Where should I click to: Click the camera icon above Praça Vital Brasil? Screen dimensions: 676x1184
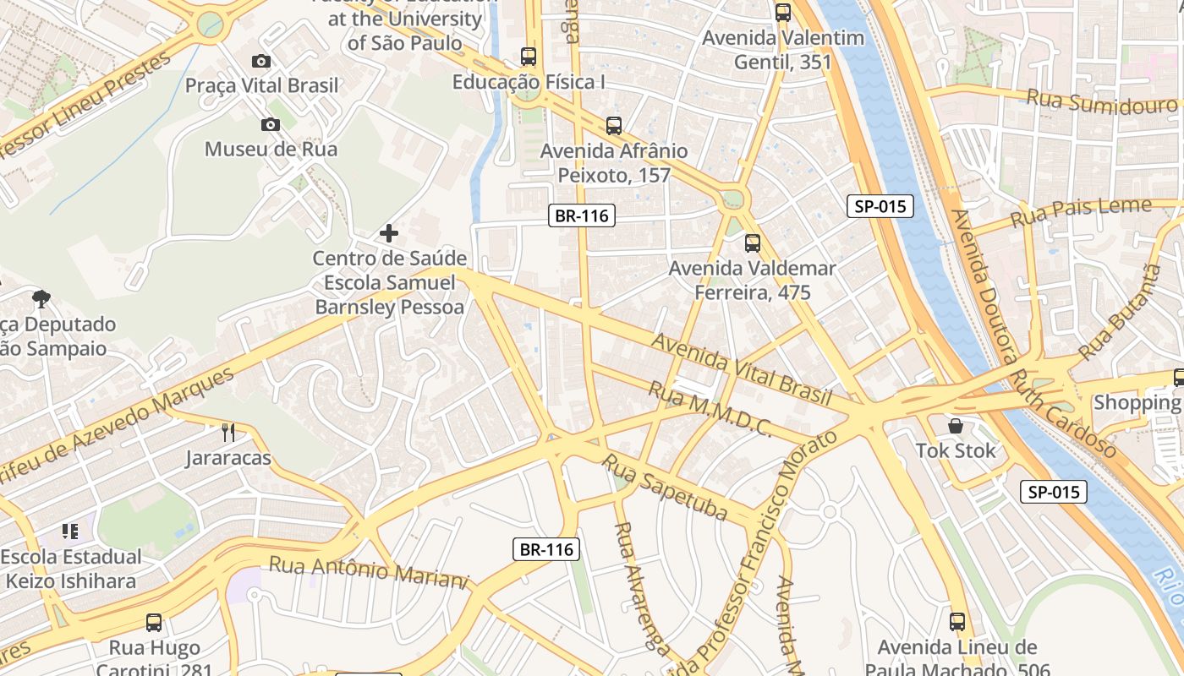tap(261, 61)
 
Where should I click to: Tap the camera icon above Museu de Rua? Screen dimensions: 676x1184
tap(271, 125)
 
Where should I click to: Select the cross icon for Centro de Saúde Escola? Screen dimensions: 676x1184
tap(389, 232)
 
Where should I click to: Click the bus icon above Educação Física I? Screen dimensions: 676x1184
tap(529, 57)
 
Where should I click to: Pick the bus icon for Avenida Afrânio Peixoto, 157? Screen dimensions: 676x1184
tap(614, 126)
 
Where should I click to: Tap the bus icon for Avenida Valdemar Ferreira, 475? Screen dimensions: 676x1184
tap(752, 243)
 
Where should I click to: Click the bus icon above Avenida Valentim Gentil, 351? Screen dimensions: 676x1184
tap(783, 13)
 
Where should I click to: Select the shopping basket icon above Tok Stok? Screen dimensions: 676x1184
tap(956, 426)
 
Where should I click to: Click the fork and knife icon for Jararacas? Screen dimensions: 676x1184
tap(228, 433)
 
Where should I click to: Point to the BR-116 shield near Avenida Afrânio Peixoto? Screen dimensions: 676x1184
tap(581, 215)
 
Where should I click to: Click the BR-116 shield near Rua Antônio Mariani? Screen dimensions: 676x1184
tap(546, 549)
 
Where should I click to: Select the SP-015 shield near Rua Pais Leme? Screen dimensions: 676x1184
tap(880, 205)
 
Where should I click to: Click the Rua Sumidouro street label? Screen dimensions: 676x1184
tap(1101, 102)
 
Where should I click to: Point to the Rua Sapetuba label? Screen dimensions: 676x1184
tap(665, 486)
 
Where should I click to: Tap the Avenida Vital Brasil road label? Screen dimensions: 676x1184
tap(742, 369)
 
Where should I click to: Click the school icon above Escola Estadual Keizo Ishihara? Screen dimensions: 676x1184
tap(70, 532)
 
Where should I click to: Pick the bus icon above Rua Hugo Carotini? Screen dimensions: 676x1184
tap(154, 623)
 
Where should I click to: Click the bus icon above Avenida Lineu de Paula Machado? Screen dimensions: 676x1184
tap(957, 622)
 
